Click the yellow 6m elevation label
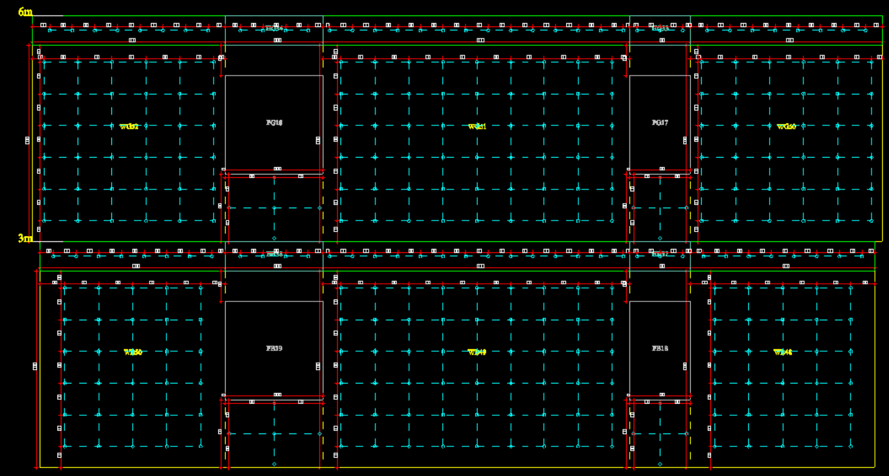click(x=25, y=11)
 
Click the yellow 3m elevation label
click(x=25, y=238)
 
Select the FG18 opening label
click(x=274, y=123)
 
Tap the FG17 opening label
click(x=660, y=123)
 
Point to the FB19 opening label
click(x=274, y=349)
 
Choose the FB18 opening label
click(x=660, y=349)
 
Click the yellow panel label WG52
click(x=129, y=126)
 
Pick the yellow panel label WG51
click(x=477, y=126)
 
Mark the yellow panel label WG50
click(x=786, y=126)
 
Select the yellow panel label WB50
click(x=133, y=352)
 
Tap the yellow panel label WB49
click(x=477, y=352)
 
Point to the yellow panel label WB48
click(x=783, y=352)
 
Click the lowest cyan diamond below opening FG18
click(x=274, y=238)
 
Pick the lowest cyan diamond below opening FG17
click(x=660, y=238)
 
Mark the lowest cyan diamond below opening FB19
click(x=274, y=464)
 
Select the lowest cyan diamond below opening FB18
click(x=660, y=464)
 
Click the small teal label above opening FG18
click(x=274, y=28)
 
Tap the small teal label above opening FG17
click(x=660, y=28)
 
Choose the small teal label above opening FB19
click(x=274, y=254)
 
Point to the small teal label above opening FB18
click(x=660, y=254)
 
